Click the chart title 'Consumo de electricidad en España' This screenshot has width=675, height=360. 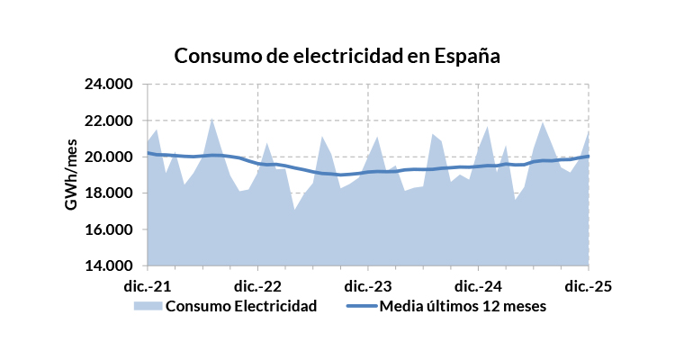pos(337,56)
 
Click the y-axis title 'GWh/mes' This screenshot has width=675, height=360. pos(71,175)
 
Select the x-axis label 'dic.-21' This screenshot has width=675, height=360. pos(148,286)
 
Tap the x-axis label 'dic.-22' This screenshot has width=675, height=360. pos(258,286)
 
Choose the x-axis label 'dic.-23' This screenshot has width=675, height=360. pos(368,286)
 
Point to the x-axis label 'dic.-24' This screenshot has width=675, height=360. pos(478,286)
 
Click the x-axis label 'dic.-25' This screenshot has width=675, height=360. pos(589,286)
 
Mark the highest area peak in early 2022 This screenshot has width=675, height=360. pos(211,119)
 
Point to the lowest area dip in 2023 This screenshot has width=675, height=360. pos(294,210)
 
